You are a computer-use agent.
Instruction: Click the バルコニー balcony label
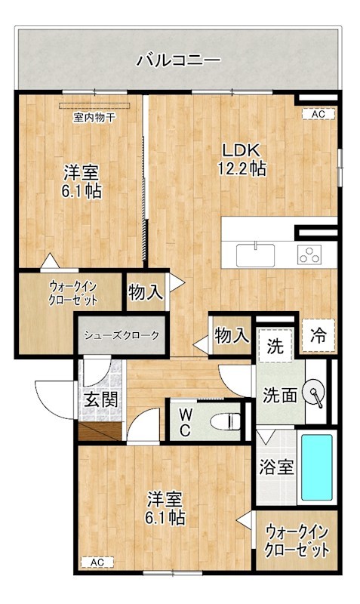[178, 60]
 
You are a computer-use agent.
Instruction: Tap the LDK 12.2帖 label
[242, 159]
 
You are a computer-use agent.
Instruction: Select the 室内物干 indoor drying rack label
[94, 117]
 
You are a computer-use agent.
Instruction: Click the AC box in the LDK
[318, 114]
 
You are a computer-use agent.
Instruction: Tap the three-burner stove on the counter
[310, 255]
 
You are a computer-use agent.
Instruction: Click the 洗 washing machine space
[275, 347]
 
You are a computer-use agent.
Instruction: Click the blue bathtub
[317, 467]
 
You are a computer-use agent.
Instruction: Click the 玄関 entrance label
[100, 399]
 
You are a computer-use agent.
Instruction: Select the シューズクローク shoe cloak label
[122, 335]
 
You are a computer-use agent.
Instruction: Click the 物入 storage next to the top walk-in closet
[146, 292]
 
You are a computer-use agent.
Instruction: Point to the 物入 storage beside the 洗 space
[231, 335]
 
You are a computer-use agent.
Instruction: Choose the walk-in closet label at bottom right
[297, 541]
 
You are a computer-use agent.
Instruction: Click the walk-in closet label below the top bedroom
[72, 292]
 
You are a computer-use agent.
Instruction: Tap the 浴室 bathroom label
[277, 467]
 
